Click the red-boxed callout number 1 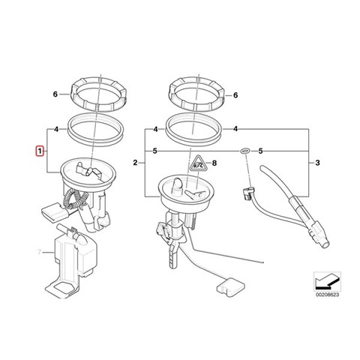[x=40, y=151]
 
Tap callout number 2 [x=135, y=163]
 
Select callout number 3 [x=317, y=163]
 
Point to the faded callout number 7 [x=39, y=252]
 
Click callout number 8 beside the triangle [x=214, y=163]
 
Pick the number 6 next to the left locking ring [x=55, y=94]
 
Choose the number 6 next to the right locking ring [x=235, y=95]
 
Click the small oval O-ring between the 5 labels [x=245, y=151]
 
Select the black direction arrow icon [x=327, y=281]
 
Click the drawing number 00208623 [x=327, y=295]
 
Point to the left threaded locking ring [x=98, y=94]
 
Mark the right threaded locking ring [x=196, y=94]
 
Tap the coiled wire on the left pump [x=73, y=199]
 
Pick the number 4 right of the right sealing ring [x=235, y=129]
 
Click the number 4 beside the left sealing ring [x=56, y=130]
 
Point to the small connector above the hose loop [x=248, y=193]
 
